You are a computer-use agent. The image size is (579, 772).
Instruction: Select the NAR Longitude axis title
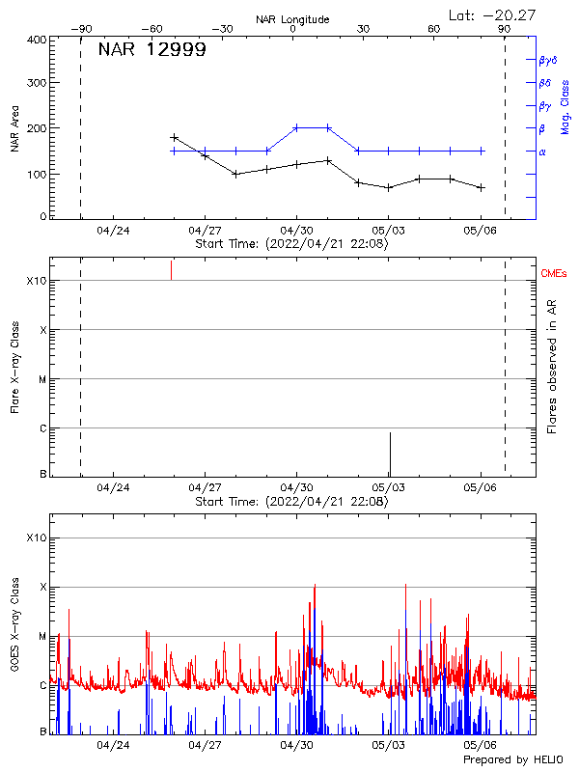coord(292,19)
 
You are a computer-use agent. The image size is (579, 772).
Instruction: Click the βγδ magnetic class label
coord(548,60)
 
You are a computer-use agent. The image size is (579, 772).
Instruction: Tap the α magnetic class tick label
coord(542,152)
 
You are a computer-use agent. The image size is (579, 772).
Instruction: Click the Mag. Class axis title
coord(565,106)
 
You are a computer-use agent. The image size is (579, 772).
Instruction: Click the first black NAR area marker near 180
coord(174,138)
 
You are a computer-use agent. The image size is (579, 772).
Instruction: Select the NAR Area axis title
coord(14,130)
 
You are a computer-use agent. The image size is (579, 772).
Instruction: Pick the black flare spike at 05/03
coord(390,454)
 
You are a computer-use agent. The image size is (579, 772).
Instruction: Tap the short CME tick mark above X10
coord(171,269)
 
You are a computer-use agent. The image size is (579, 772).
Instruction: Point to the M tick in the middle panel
coord(41,379)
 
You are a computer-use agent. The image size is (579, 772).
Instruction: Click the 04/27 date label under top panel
coord(205,232)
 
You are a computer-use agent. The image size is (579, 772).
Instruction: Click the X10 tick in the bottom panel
coord(37,538)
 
